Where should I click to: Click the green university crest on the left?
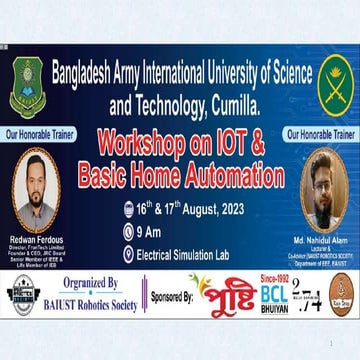pos(26,87)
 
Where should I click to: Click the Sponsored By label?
pos(170,299)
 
